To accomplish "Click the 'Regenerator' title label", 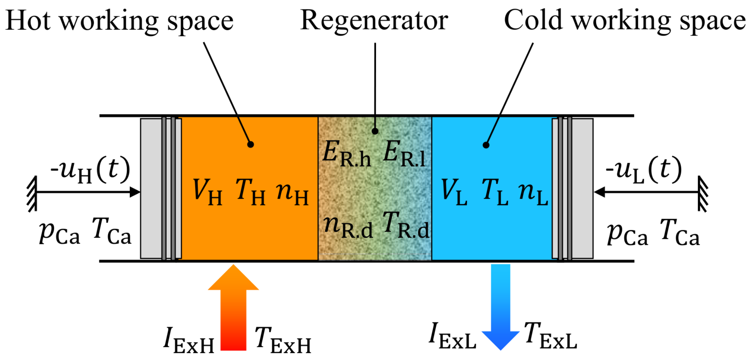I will [x=374, y=20].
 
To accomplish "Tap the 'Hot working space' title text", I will [x=119, y=21].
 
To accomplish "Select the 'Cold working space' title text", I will [x=625, y=20].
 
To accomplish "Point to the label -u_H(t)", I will [x=90, y=170].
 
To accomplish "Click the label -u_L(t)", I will [x=644, y=170].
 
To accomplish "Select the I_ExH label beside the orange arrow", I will [x=189, y=340].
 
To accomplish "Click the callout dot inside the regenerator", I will [x=375, y=131].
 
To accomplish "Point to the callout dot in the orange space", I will [x=250, y=144].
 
